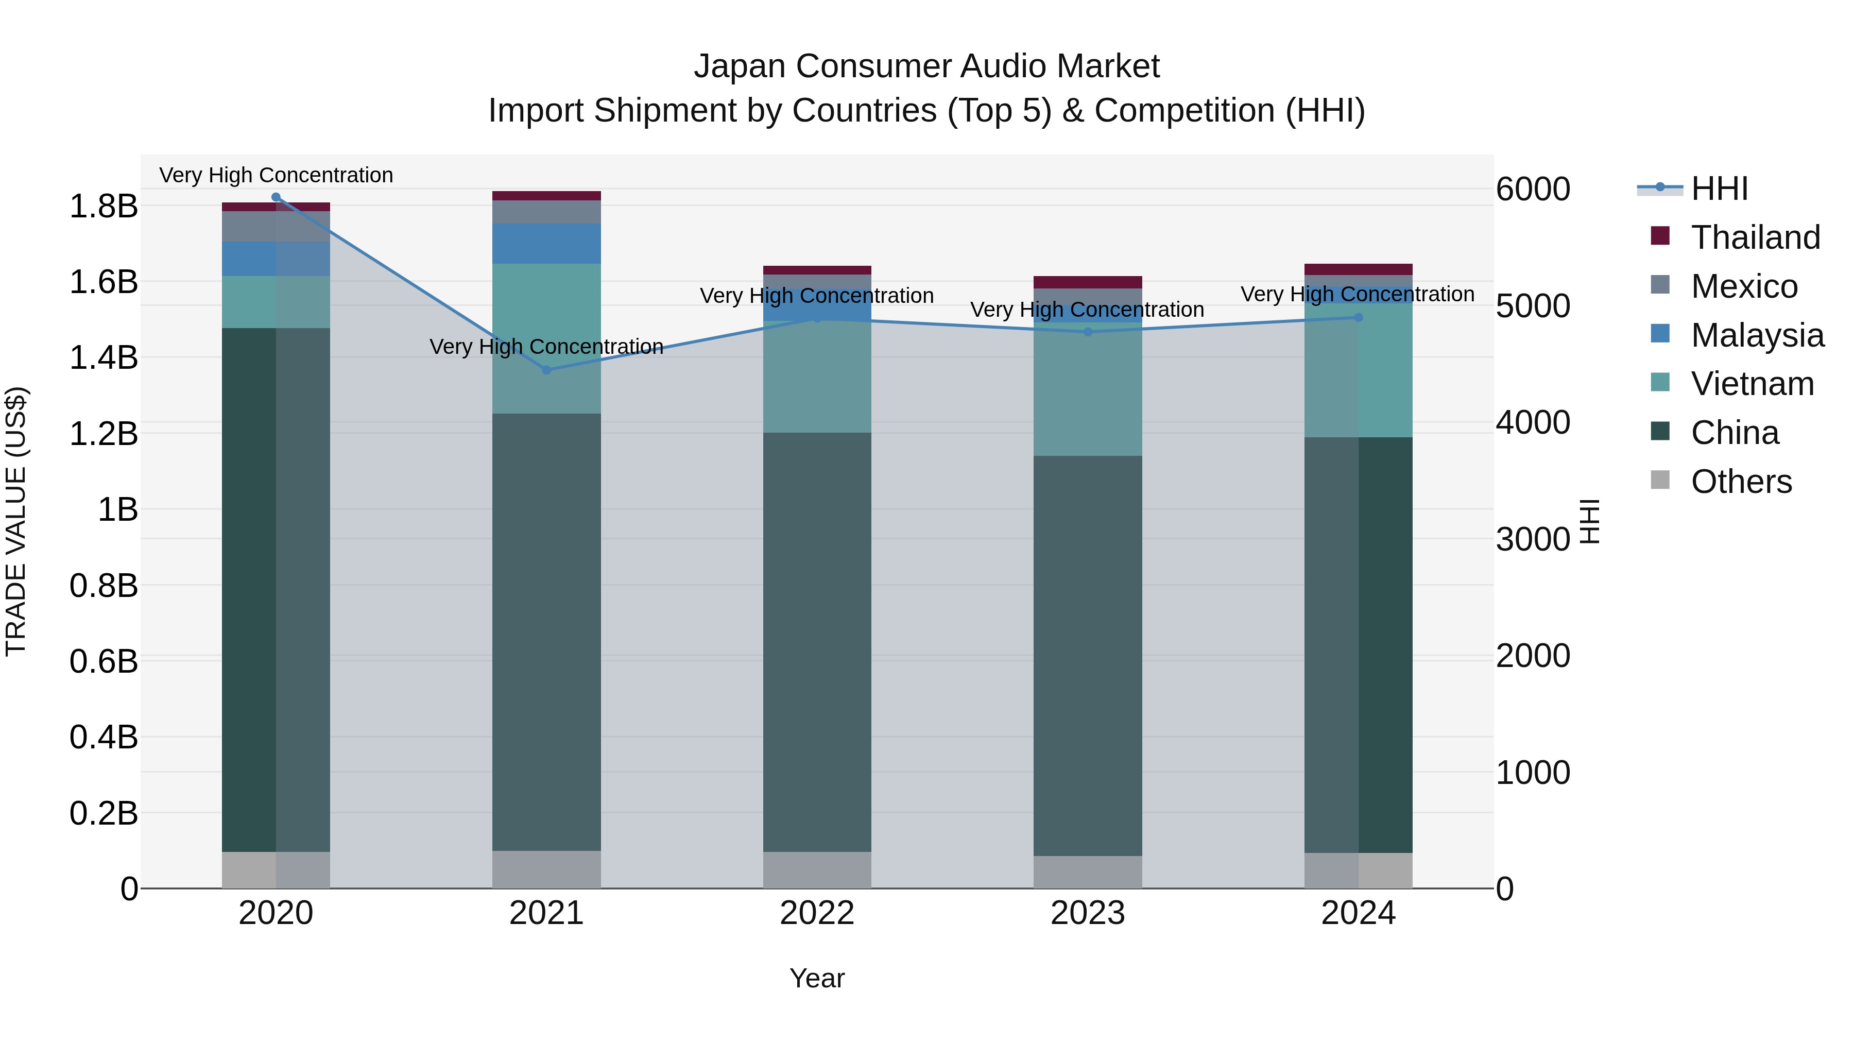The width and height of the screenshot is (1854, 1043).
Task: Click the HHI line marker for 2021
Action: [546, 370]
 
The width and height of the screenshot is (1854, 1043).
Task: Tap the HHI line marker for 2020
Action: [276, 197]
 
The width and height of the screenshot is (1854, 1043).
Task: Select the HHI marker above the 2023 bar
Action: [1088, 332]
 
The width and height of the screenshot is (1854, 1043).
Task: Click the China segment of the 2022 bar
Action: [817, 641]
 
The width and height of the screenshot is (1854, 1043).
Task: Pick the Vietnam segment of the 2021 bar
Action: [546, 338]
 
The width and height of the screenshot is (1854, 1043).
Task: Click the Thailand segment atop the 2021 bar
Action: [546, 196]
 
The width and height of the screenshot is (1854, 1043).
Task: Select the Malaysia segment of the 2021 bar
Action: [546, 243]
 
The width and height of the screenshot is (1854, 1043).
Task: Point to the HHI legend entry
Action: [1719, 189]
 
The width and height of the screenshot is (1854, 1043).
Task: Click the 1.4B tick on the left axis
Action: [104, 358]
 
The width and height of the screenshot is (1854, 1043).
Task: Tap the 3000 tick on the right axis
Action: [1532, 539]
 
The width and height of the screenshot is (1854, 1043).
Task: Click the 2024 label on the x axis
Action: [1358, 913]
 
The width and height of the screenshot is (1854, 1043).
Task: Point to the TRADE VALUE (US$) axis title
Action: [16, 521]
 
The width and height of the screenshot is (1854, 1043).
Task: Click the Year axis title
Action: [817, 978]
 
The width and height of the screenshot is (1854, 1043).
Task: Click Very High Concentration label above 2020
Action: [276, 175]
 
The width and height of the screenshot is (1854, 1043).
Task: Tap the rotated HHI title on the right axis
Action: [1589, 521]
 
